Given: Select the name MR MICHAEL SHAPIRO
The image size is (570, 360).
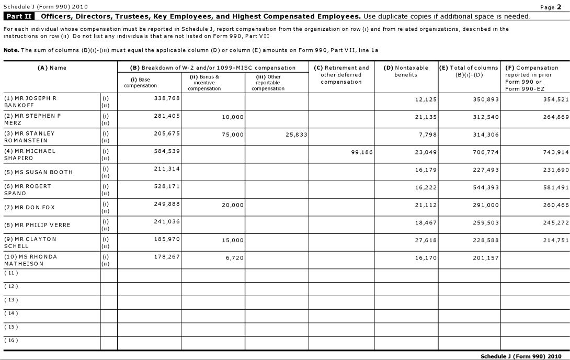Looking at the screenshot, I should [30, 154].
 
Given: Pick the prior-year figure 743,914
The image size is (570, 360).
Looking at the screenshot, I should [555, 152].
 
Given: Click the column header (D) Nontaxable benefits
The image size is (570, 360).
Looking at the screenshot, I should [406, 71].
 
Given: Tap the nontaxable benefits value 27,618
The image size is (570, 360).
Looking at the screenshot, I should [426, 240].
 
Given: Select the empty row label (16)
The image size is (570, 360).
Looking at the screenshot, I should [11, 340].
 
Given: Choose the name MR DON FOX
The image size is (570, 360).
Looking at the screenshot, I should [29, 207].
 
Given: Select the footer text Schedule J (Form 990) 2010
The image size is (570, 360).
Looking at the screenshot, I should [521, 356].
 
